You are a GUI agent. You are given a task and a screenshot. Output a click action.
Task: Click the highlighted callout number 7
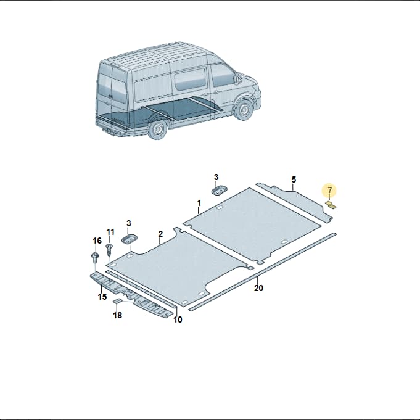coord(330,190)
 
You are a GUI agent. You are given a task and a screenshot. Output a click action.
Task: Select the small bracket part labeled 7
coord(331,205)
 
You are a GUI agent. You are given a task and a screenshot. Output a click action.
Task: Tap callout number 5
coord(294,179)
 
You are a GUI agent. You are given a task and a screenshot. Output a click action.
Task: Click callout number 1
coord(199,204)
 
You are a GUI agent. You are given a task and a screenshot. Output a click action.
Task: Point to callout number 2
coord(160,234)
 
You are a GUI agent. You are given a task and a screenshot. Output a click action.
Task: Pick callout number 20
coord(258,288)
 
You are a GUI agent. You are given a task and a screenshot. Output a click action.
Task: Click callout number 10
coord(178,319)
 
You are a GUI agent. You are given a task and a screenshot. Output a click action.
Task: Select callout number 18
coord(118,315)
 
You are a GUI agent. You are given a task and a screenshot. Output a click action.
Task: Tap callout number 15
coord(102,297)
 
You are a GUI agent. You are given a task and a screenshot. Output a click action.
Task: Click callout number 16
coord(97,241)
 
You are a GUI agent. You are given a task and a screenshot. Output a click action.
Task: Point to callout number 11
coord(110,232)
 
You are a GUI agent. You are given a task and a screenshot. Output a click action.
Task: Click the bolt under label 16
coord(95,257)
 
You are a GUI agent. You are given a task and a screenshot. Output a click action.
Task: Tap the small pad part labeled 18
coord(117,301)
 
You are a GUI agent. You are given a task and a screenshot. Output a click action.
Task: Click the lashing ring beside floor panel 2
coord(130,239)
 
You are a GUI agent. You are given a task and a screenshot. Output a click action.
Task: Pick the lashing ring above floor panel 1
coord(220,190)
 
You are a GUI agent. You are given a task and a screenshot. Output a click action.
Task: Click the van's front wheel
coord(244,109)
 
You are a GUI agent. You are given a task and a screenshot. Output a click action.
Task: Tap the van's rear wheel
coord(158,130)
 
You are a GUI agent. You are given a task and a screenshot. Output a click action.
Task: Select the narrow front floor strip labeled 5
coord(295,202)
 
